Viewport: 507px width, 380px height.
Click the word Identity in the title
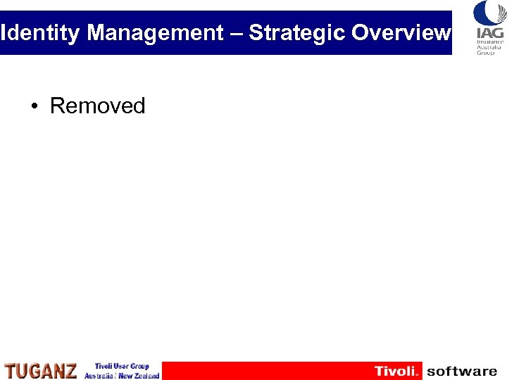40,33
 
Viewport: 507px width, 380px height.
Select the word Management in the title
155,33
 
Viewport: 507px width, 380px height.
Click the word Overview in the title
401,33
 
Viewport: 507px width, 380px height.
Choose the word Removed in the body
97,106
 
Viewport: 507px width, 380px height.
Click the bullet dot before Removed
34,107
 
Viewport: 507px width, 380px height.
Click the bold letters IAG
489,32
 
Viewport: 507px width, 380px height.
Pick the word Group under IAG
487,53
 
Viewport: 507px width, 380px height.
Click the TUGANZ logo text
41,371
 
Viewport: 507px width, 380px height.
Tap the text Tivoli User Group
122,366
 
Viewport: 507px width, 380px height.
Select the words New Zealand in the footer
139,376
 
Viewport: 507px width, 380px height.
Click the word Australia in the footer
99,376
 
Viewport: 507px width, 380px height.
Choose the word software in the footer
462,371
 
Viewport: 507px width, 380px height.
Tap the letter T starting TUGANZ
11,371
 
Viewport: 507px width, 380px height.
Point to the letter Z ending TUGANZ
70,371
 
